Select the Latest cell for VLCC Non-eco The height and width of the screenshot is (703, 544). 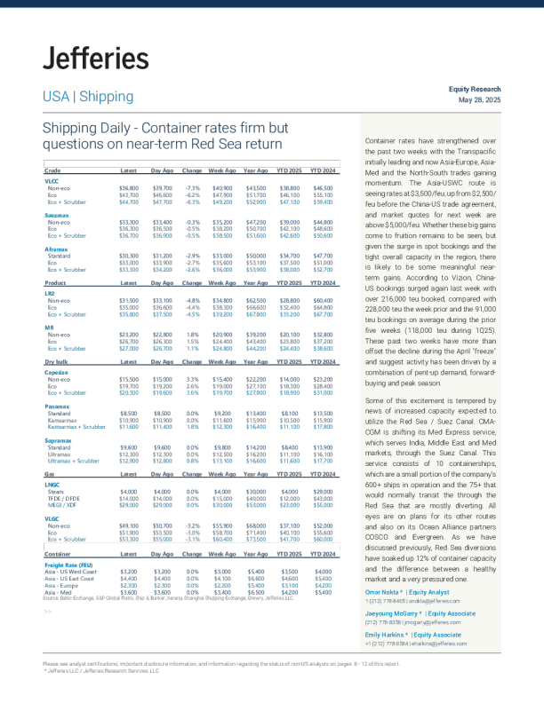[128, 188]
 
